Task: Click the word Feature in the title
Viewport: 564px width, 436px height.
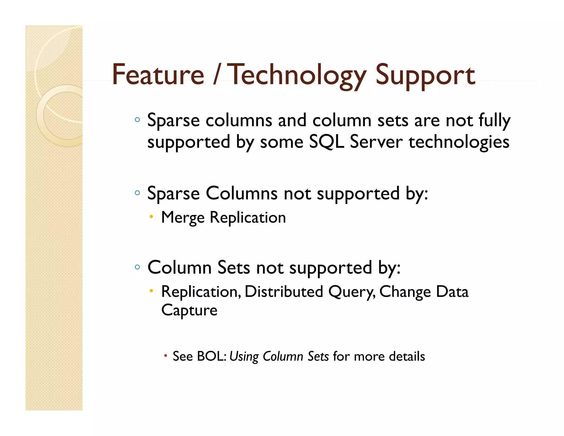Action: tap(158, 75)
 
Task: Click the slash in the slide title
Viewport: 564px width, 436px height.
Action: tap(217, 75)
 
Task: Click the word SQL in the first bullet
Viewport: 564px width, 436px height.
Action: tap(326, 142)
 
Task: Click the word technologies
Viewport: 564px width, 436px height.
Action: tap(459, 142)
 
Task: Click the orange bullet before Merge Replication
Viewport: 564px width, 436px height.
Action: tap(151, 217)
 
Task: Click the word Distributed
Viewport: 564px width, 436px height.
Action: tap(283, 292)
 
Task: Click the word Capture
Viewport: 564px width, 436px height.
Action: tap(189, 310)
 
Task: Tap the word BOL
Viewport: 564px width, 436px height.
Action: tap(211, 356)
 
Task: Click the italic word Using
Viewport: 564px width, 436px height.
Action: tap(244, 356)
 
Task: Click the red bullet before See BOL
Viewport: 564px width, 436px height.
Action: tap(166, 356)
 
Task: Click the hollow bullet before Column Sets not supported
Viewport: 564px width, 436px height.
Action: tap(137, 267)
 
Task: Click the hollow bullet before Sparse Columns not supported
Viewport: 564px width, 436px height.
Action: tap(137, 193)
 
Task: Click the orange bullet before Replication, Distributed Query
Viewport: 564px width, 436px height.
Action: tap(151, 291)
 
